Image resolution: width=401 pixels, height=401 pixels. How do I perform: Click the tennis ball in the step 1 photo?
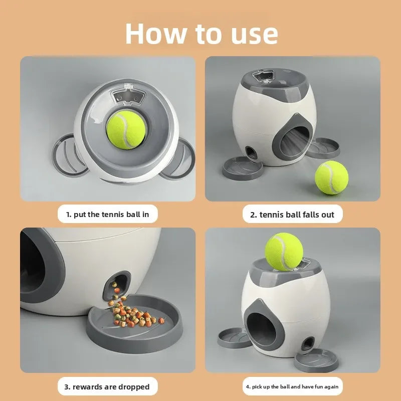click(x=126, y=130)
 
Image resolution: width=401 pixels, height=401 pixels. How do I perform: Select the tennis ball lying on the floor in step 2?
click(x=331, y=177)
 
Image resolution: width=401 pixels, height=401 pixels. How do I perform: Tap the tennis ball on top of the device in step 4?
click(x=284, y=252)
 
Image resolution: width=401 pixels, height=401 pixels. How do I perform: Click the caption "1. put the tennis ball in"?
click(x=107, y=215)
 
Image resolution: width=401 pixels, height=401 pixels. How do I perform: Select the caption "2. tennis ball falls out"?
click(x=292, y=215)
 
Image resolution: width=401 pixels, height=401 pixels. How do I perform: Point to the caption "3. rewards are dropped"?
click(x=107, y=386)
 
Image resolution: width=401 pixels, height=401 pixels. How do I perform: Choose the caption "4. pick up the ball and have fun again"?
click(x=292, y=386)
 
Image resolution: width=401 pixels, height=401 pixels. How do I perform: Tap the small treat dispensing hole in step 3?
click(x=117, y=286)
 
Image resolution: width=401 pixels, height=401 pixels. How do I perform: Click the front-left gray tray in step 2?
click(x=242, y=168)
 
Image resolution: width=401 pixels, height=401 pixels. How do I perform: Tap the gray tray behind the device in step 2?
click(x=323, y=148)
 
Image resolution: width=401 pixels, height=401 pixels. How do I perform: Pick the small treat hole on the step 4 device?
click(x=308, y=344)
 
